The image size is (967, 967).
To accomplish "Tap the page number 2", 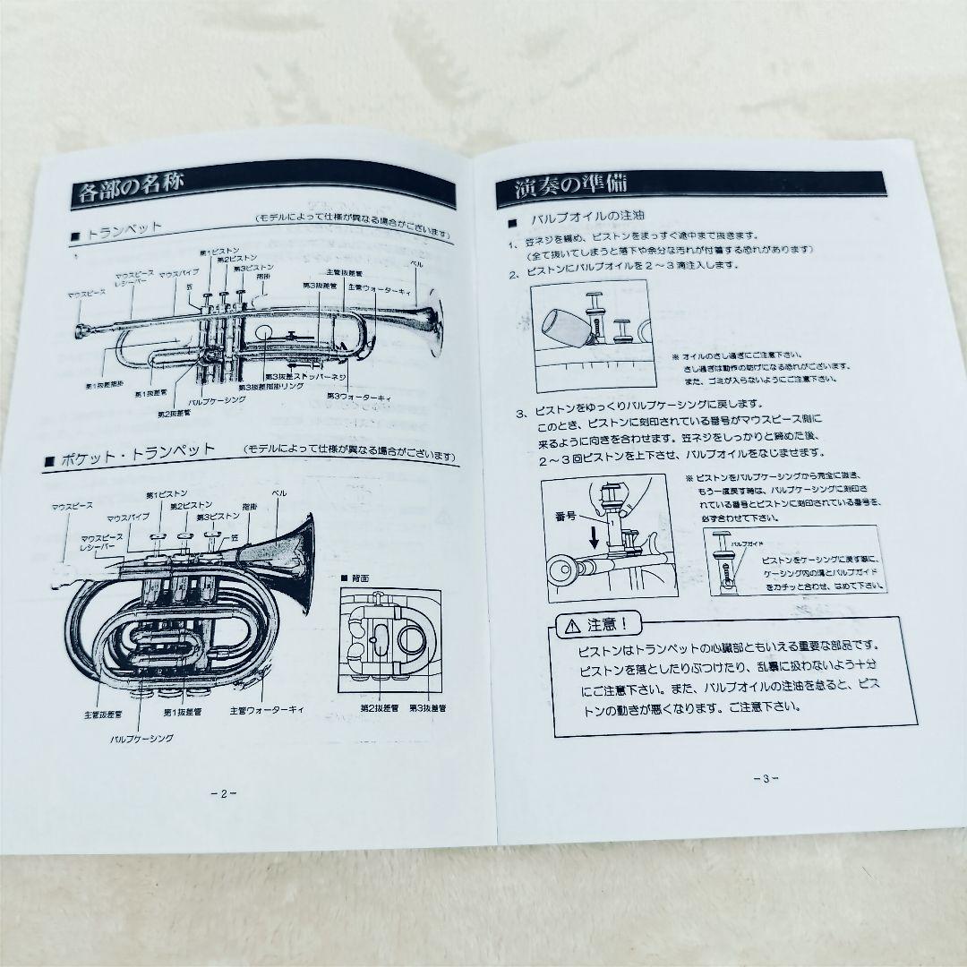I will [x=222, y=792].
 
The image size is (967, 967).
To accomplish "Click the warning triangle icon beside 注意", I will [x=570, y=625].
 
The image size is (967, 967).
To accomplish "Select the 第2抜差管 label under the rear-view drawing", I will [x=379, y=708].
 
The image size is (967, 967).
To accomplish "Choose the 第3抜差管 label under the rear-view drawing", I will [x=428, y=708].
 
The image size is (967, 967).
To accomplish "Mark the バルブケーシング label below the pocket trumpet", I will [x=141, y=739].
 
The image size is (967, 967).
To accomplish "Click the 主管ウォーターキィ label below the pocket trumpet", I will [x=267, y=711].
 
